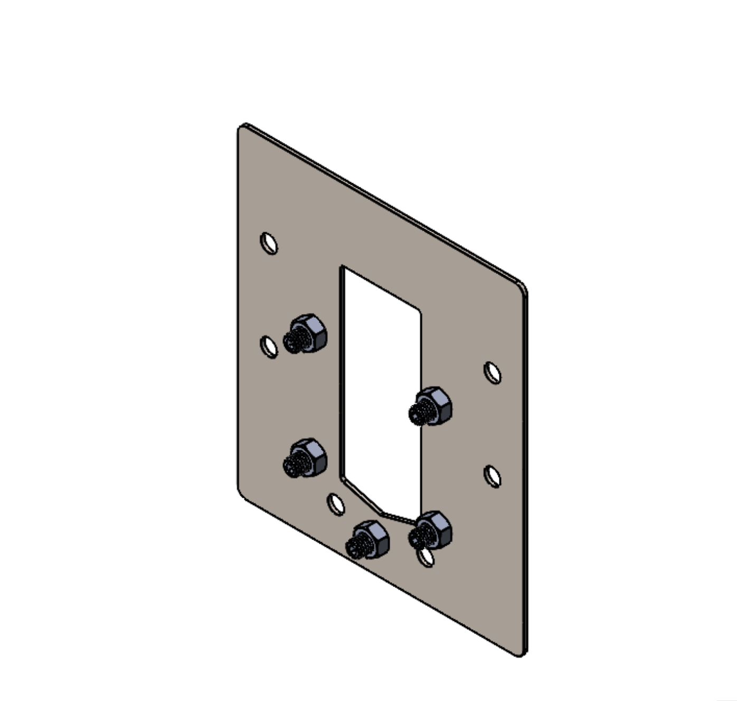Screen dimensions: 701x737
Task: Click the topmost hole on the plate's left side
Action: click(x=269, y=243)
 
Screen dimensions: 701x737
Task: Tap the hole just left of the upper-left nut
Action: click(x=269, y=347)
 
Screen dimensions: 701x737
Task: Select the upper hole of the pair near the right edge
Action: click(x=493, y=373)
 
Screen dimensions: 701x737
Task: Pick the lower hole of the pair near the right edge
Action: click(x=493, y=476)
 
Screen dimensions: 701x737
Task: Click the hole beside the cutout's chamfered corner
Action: click(x=336, y=504)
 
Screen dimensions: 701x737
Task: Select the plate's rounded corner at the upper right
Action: click(x=523, y=288)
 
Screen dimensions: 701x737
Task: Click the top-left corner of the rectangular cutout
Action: click(x=344, y=269)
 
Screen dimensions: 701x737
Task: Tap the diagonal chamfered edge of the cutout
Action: click(x=362, y=495)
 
